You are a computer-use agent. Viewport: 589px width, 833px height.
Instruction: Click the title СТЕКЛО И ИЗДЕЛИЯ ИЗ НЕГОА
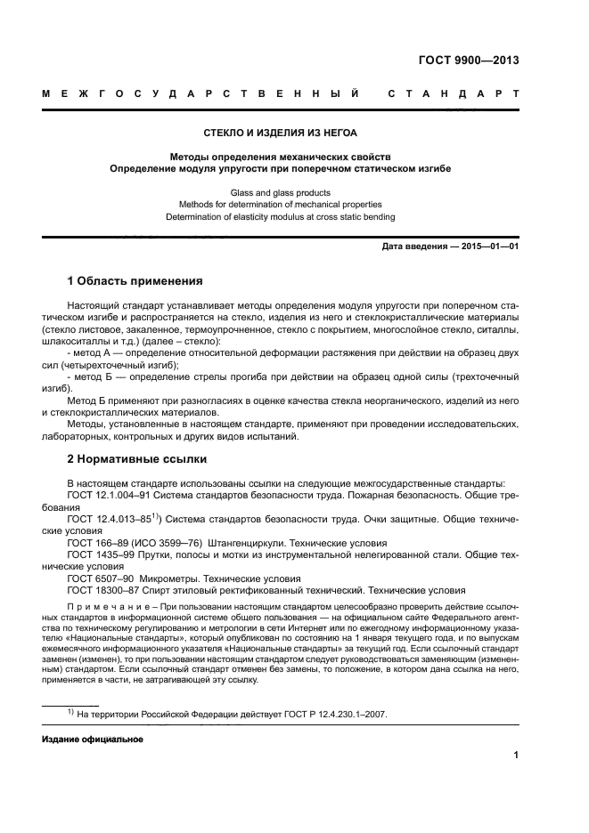click(281, 133)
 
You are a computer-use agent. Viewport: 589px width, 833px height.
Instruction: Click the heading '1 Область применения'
click(135, 281)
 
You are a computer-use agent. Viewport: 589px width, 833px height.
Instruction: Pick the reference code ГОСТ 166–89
click(97, 542)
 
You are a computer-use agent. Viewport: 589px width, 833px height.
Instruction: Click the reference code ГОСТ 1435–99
click(101, 554)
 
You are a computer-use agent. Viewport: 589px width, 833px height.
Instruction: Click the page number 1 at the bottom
click(516, 756)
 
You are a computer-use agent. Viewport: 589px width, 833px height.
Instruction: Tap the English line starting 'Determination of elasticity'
click(281, 217)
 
